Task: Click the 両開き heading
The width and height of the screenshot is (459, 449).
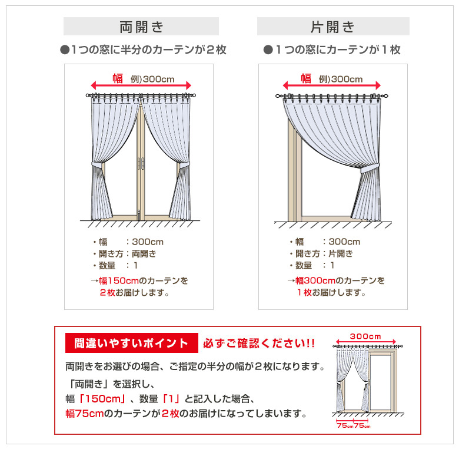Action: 141,27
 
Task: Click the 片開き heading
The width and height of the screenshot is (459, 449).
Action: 332,27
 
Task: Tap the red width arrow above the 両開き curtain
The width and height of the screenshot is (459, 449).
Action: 141,85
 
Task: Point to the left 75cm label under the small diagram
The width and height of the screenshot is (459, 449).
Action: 343,425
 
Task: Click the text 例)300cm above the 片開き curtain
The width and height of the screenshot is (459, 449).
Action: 341,80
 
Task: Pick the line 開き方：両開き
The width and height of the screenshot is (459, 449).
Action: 125,254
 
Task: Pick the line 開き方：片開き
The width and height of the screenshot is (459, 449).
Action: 321,254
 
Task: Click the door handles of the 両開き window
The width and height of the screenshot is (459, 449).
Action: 140,162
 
